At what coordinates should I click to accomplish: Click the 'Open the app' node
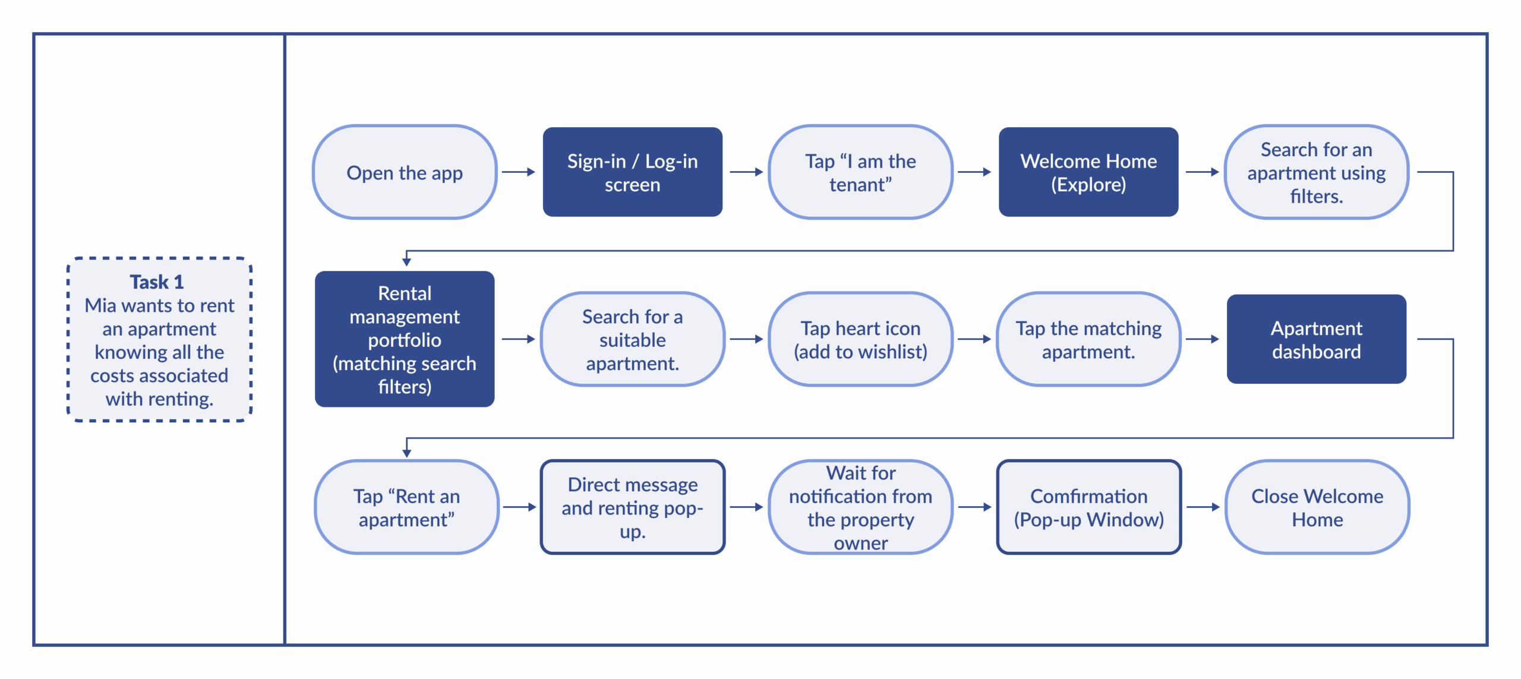click(x=405, y=172)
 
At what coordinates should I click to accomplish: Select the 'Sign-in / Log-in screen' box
click(x=632, y=172)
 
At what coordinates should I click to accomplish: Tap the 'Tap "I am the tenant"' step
click(x=860, y=172)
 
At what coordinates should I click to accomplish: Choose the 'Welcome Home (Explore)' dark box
click(x=1088, y=172)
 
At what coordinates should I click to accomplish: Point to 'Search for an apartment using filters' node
click(x=1316, y=172)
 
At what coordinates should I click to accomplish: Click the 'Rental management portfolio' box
click(x=405, y=339)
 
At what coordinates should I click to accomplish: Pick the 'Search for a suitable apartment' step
click(x=632, y=339)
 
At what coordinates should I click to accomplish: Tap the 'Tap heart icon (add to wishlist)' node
click(x=860, y=339)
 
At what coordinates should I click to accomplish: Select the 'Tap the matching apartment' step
click(x=1088, y=339)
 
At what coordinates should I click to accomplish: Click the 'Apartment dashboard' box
click(x=1316, y=339)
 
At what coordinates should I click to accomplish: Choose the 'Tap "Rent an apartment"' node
click(x=406, y=507)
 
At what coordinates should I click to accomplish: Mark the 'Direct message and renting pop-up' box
click(x=632, y=507)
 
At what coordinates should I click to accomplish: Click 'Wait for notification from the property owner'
click(x=860, y=507)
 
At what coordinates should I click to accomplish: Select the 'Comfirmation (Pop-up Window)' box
click(x=1088, y=507)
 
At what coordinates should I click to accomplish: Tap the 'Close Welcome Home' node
click(x=1317, y=507)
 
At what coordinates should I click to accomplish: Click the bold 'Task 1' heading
click(x=157, y=282)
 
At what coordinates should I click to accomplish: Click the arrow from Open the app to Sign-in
click(x=518, y=172)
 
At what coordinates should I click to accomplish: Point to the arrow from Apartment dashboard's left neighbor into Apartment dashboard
click(x=1202, y=339)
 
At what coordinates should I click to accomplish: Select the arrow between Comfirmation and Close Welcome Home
click(x=1203, y=507)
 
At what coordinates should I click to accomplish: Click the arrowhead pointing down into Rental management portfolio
click(x=406, y=261)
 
